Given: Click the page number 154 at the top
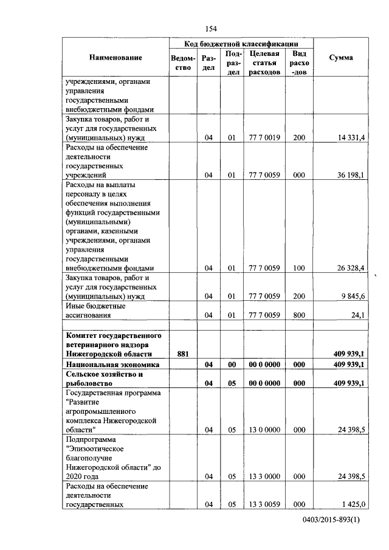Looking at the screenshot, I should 212,29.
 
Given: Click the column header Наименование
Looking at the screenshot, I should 115,58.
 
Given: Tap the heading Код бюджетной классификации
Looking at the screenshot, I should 241,44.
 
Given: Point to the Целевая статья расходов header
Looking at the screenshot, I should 264,63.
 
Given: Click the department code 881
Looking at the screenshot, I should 183,353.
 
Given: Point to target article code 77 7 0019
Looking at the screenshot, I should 264,139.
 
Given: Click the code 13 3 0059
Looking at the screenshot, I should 264,505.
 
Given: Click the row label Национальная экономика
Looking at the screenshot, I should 112,364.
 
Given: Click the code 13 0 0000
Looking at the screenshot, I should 264,430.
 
